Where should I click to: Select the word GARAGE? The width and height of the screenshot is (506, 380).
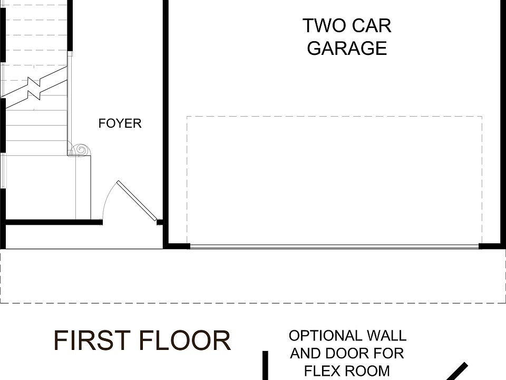[x=347, y=48]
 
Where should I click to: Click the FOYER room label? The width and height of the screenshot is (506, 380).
[x=120, y=123]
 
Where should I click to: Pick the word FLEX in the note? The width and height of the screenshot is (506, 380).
[x=323, y=370]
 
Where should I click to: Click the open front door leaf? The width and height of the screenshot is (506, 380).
[x=137, y=201]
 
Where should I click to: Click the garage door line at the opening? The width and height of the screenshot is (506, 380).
[x=334, y=246]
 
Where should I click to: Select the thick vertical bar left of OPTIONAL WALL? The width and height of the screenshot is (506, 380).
[x=265, y=365]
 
